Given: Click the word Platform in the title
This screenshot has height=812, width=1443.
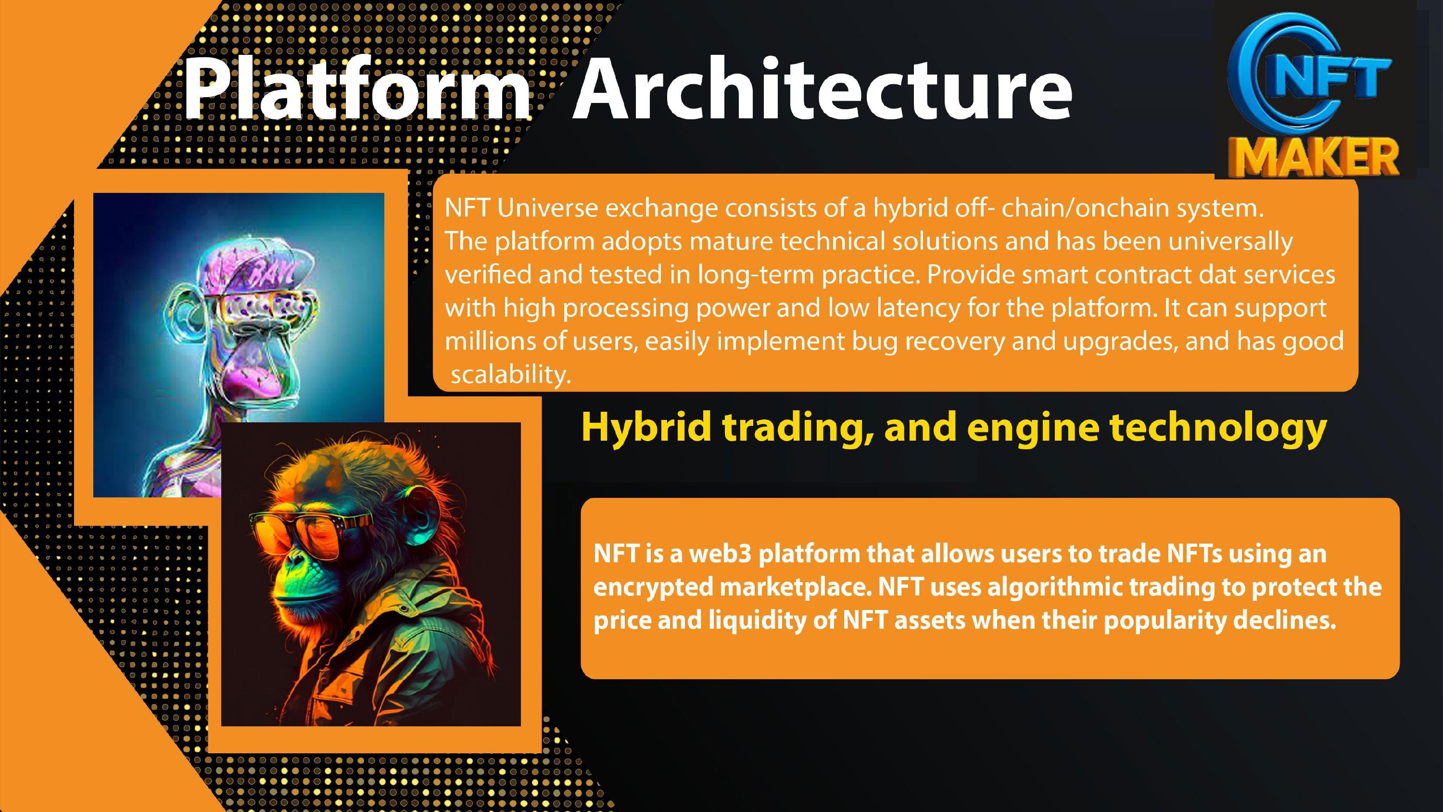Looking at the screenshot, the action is click(x=356, y=89).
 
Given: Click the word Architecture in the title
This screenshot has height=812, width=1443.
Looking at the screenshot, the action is click(x=822, y=89).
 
